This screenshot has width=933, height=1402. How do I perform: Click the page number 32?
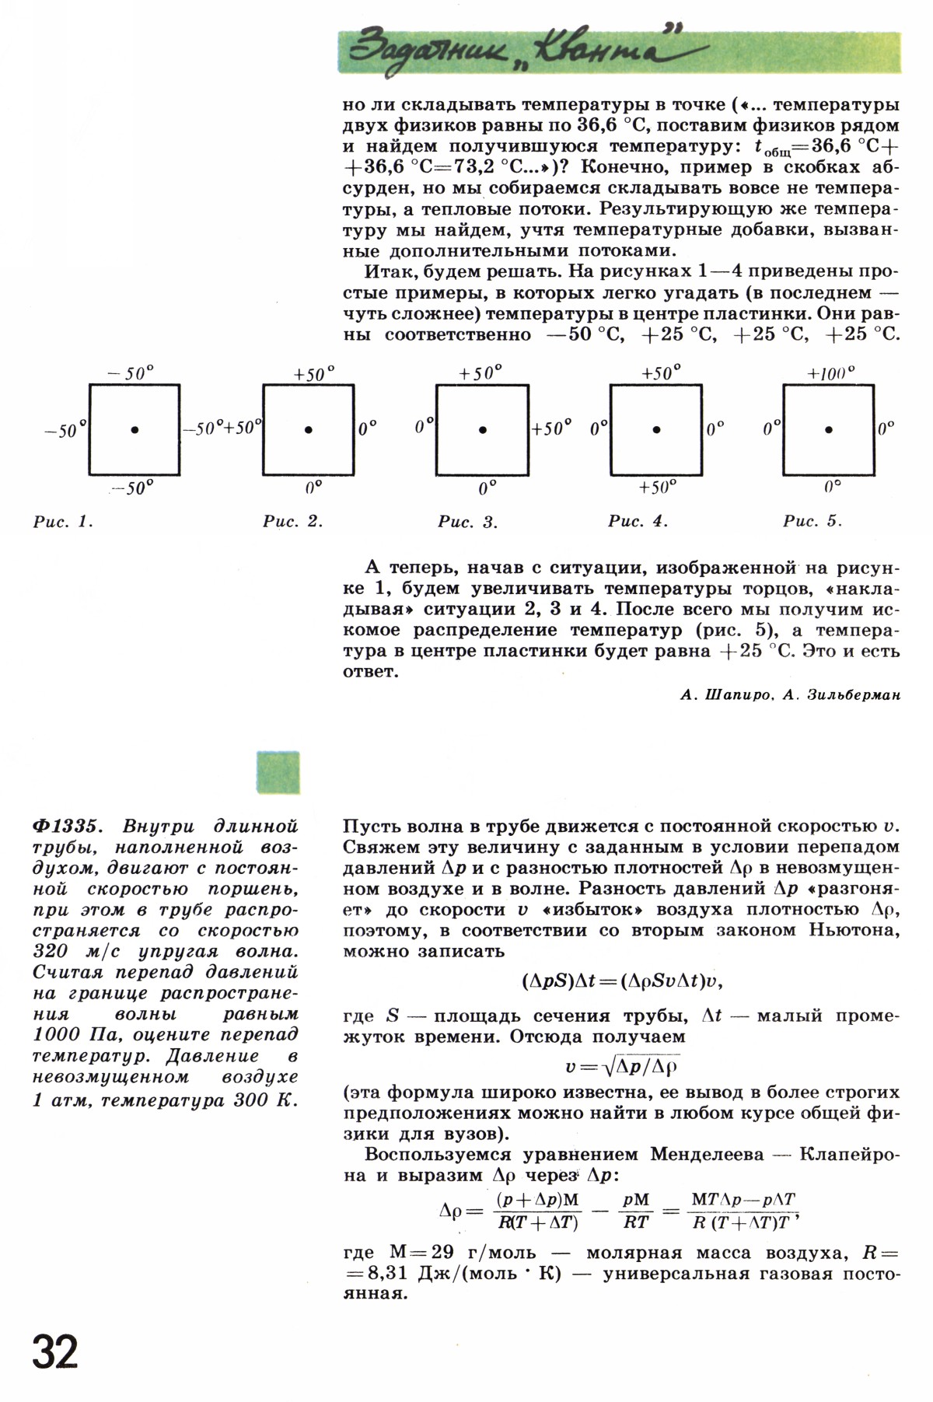click(55, 1355)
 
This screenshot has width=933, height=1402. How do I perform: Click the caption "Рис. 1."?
click(63, 522)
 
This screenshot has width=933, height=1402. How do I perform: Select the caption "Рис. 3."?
click(467, 522)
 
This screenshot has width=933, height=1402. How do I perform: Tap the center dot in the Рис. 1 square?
click(135, 429)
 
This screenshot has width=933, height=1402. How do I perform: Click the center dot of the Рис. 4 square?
click(656, 429)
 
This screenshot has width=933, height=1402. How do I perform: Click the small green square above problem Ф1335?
click(278, 771)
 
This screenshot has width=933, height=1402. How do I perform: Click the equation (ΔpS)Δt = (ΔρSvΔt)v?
click(622, 981)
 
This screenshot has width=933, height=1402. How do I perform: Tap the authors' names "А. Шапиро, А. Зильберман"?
click(790, 695)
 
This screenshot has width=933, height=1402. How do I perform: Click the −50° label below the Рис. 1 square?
click(133, 488)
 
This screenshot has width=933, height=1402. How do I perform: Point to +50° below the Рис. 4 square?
click(657, 488)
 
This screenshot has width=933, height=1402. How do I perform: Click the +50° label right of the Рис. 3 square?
click(552, 428)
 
